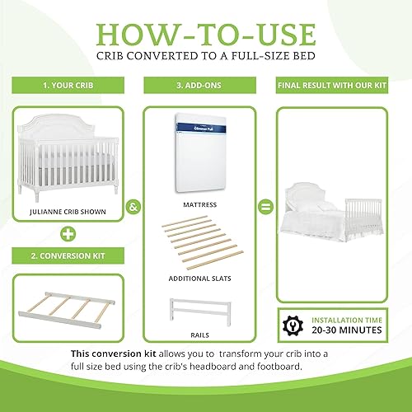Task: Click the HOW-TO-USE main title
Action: [x=206, y=35]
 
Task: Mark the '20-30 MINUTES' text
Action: [x=344, y=329]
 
